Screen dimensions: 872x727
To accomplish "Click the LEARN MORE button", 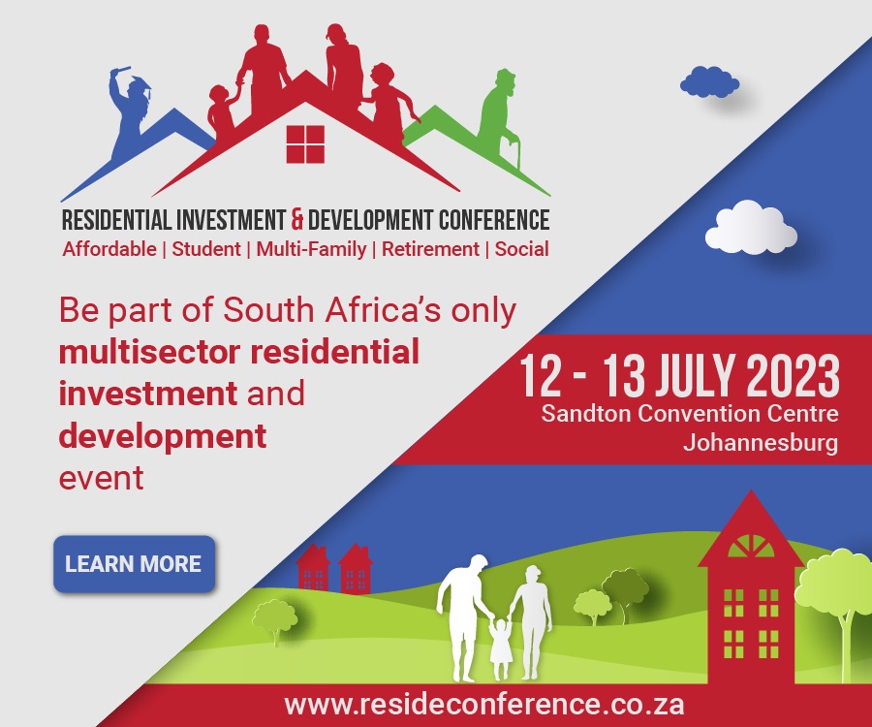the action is tap(134, 564).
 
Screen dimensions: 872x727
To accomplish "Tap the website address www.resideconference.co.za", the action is tap(483, 705).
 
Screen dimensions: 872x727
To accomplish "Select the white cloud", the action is tap(751, 227).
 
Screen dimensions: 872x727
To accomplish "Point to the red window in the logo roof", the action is tap(305, 144).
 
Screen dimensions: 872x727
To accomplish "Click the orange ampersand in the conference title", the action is tap(297, 219).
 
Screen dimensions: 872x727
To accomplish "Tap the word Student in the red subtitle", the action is tap(206, 249).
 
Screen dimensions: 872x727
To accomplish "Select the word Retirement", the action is tap(430, 249).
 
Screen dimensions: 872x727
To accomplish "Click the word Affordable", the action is tap(109, 249).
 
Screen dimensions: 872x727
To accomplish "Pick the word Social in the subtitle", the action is tap(521, 249).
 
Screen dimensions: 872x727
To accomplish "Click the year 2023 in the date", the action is tap(793, 376).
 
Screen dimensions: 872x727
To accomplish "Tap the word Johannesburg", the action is tap(761, 443).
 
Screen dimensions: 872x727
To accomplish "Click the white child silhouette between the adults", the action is tap(500, 648).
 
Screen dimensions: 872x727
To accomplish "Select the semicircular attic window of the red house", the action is tap(751, 547).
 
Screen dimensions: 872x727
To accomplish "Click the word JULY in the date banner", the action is tap(696, 376).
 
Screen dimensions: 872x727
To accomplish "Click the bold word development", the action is tap(163, 436).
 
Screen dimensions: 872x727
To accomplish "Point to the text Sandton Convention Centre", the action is tap(690, 414).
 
